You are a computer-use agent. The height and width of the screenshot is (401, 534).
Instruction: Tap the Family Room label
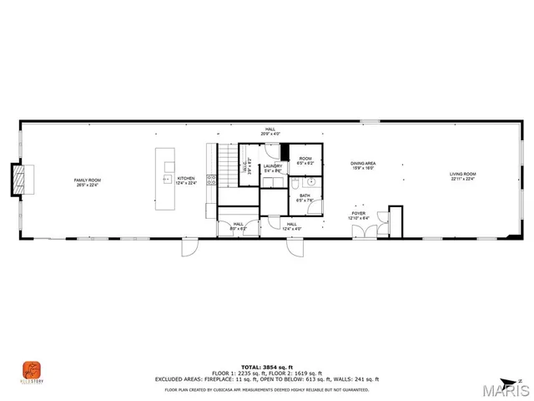pyautogui.click(x=88, y=183)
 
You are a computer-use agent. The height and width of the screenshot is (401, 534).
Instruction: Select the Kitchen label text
pyautogui.click(x=185, y=180)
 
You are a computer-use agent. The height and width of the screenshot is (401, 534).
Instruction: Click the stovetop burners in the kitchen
pyautogui.click(x=211, y=179)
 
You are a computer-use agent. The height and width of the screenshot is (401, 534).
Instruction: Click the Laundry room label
pyautogui.click(x=273, y=168)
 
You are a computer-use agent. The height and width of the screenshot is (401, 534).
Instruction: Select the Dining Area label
pyautogui.click(x=363, y=165)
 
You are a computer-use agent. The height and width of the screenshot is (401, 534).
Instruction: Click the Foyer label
pyautogui.click(x=359, y=216)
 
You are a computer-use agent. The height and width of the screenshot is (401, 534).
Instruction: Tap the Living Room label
pyautogui.click(x=463, y=175)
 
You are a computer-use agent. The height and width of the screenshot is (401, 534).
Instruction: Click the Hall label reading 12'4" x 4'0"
pyautogui.click(x=291, y=226)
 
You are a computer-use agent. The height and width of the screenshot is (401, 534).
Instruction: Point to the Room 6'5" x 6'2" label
pyautogui.click(x=305, y=160)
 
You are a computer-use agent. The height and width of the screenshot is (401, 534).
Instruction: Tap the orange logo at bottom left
pyautogui.click(x=31, y=369)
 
